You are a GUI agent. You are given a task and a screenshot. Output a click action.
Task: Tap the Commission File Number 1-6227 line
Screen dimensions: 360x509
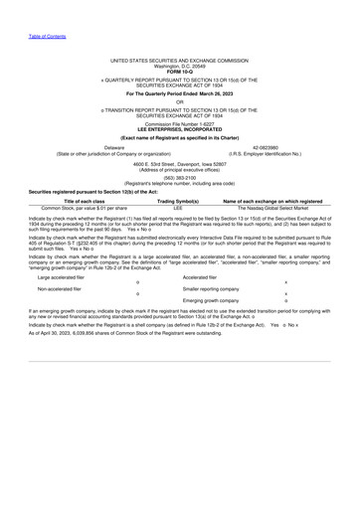coord(180,123)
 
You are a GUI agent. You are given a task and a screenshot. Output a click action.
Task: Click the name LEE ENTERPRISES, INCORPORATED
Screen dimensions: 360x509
coord(180,129)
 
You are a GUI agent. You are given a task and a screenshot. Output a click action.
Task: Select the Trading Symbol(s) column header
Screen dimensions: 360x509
coord(179,201)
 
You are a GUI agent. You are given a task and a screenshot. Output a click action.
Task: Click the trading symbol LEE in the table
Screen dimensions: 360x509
coord(179,208)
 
